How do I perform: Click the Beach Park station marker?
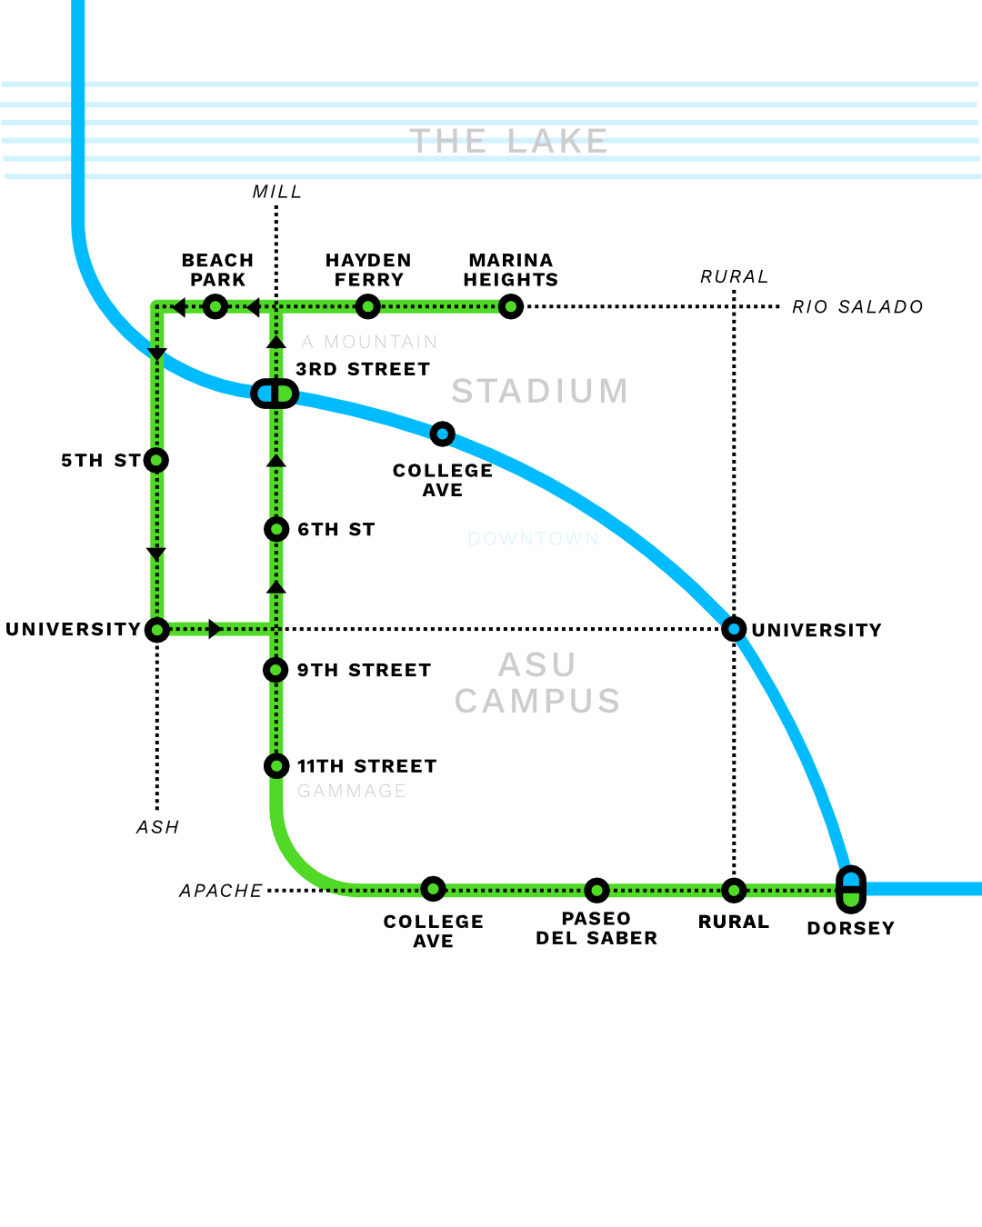215,307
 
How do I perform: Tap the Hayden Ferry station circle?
367,307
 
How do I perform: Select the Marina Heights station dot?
511,307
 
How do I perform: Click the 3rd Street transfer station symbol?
275,394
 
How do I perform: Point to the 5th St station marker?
157,460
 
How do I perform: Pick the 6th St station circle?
276,529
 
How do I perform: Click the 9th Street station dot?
276,670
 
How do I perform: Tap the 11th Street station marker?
276,766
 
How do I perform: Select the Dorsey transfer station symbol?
851,889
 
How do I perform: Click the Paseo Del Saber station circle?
596,890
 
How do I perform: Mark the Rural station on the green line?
734,890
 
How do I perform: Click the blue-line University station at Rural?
734,629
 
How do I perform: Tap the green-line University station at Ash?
157,629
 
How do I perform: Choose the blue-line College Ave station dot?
443,434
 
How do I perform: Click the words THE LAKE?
508,142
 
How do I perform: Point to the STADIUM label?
540,391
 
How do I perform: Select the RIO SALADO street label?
857,307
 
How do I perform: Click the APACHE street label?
221,891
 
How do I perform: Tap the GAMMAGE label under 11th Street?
352,791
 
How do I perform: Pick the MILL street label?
276,192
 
